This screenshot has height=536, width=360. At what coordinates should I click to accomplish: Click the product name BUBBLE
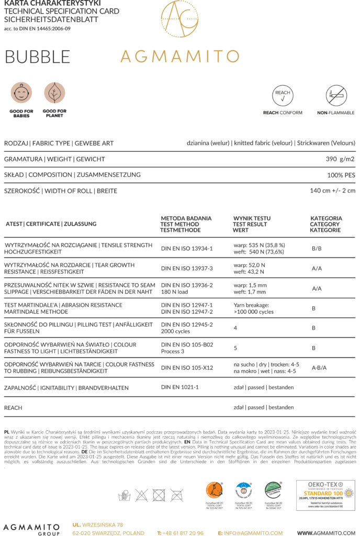[37, 57]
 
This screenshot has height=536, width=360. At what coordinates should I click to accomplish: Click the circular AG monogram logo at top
[179, 19]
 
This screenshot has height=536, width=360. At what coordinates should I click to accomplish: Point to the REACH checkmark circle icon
[283, 96]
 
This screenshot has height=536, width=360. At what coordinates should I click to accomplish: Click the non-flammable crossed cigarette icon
[336, 96]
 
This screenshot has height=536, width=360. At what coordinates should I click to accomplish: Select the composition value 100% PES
[340, 174]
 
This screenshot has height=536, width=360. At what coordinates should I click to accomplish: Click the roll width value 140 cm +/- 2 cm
[332, 191]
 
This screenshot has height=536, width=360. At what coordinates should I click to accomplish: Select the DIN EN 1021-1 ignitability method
[180, 387]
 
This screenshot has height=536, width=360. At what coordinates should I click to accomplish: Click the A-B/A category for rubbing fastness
[319, 367]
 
